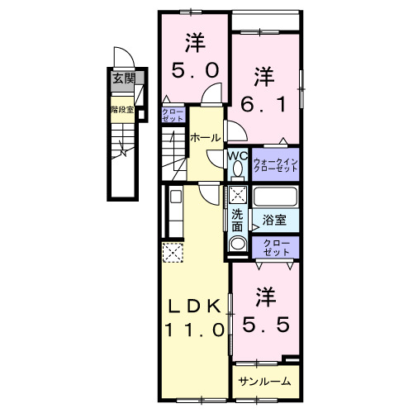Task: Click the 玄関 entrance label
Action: [123, 80]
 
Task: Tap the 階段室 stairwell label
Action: [122, 108]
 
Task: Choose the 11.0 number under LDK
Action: [195, 328]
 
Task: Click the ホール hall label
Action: [204, 137]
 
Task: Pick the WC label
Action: [237, 154]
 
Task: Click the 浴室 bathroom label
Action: [274, 220]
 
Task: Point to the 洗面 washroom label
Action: [237, 220]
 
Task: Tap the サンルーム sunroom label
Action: [264, 381]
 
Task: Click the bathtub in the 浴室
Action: [276, 198]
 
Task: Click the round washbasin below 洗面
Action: [238, 244]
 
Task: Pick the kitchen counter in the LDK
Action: [175, 213]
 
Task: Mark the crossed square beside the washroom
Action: [238, 197]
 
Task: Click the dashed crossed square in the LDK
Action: [173, 253]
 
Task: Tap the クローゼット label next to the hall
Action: [173, 116]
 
